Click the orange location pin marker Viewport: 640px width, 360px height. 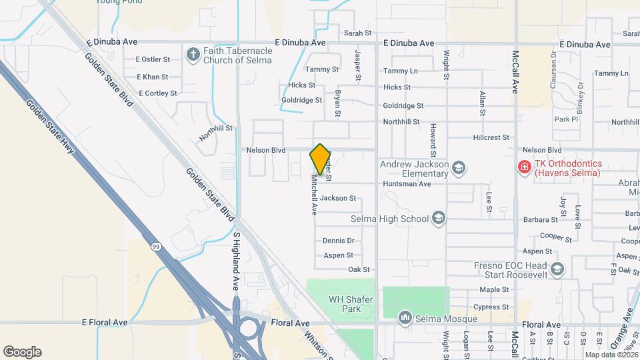tap(321, 159)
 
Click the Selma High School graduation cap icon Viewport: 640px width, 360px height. tap(438, 218)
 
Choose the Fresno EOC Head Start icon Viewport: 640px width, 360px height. tap(557, 269)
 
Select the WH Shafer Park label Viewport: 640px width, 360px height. tap(350, 303)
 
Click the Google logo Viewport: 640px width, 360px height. tap(22, 351)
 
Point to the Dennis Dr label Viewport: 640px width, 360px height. tap(338, 241)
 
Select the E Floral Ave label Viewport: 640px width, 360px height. tap(105, 323)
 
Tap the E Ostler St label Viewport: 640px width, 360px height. tap(154, 59)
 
